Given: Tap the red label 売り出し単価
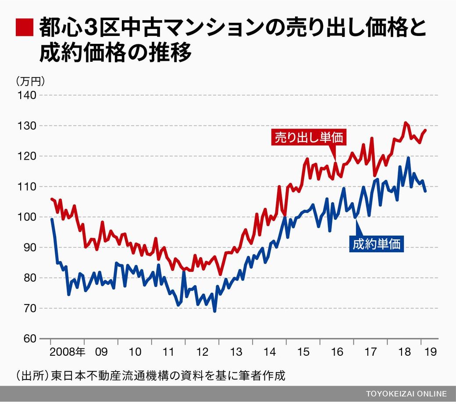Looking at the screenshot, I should tap(309, 137).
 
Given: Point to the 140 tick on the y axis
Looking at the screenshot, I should tap(26, 95).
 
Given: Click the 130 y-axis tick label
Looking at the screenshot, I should tap(26, 126).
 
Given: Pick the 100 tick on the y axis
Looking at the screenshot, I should tap(26, 217).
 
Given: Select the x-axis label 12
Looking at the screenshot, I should tap(202, 352).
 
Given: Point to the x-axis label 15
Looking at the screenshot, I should tap(303, 352).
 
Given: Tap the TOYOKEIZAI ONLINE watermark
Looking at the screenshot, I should tap(406, 393).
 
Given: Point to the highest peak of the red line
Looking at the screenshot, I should tap(405, 123).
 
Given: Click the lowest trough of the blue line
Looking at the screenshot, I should tap(214, 311).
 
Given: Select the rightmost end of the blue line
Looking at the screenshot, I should tap(425, 191).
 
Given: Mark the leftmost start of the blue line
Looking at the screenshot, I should tap(52, 219).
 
